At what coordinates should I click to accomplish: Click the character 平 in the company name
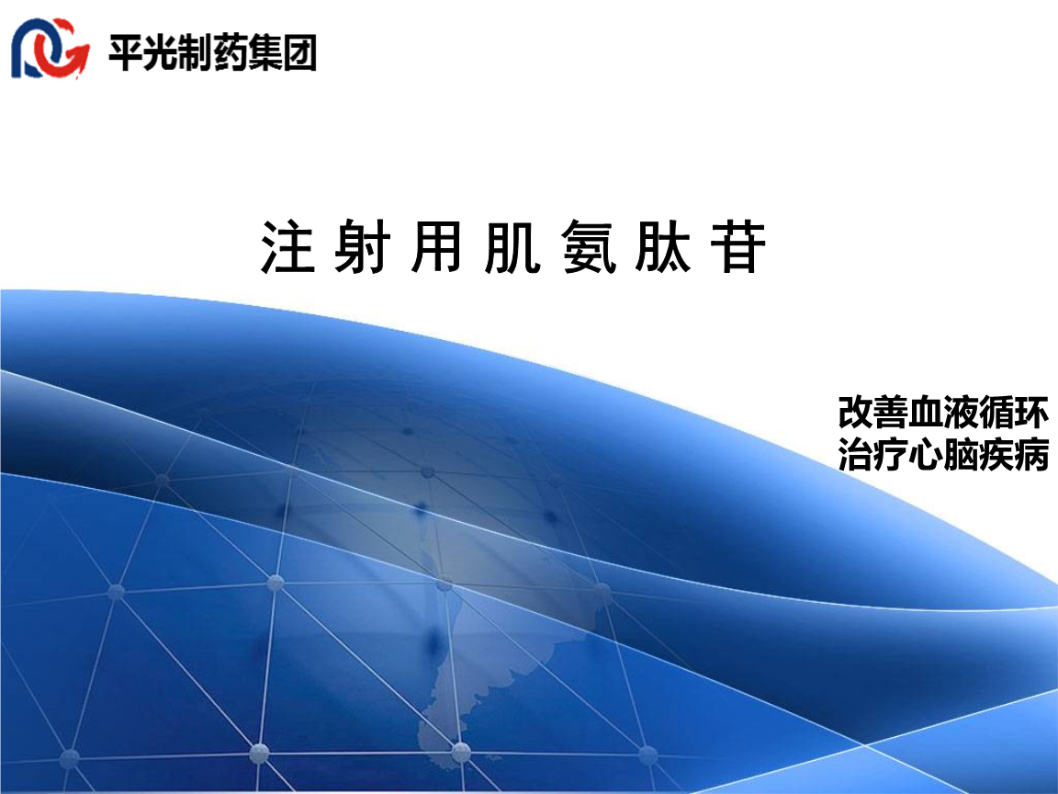[127, 52]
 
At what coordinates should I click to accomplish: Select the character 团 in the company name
[299, 52]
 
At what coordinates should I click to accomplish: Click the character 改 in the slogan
[856, 413]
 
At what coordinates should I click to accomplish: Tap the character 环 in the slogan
[1030, 413]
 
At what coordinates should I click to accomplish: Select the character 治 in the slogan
[856, 455]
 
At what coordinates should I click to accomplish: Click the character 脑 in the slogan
[961, 455]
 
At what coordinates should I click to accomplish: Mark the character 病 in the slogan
[1030, 455]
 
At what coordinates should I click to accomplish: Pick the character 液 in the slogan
[961, 413]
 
